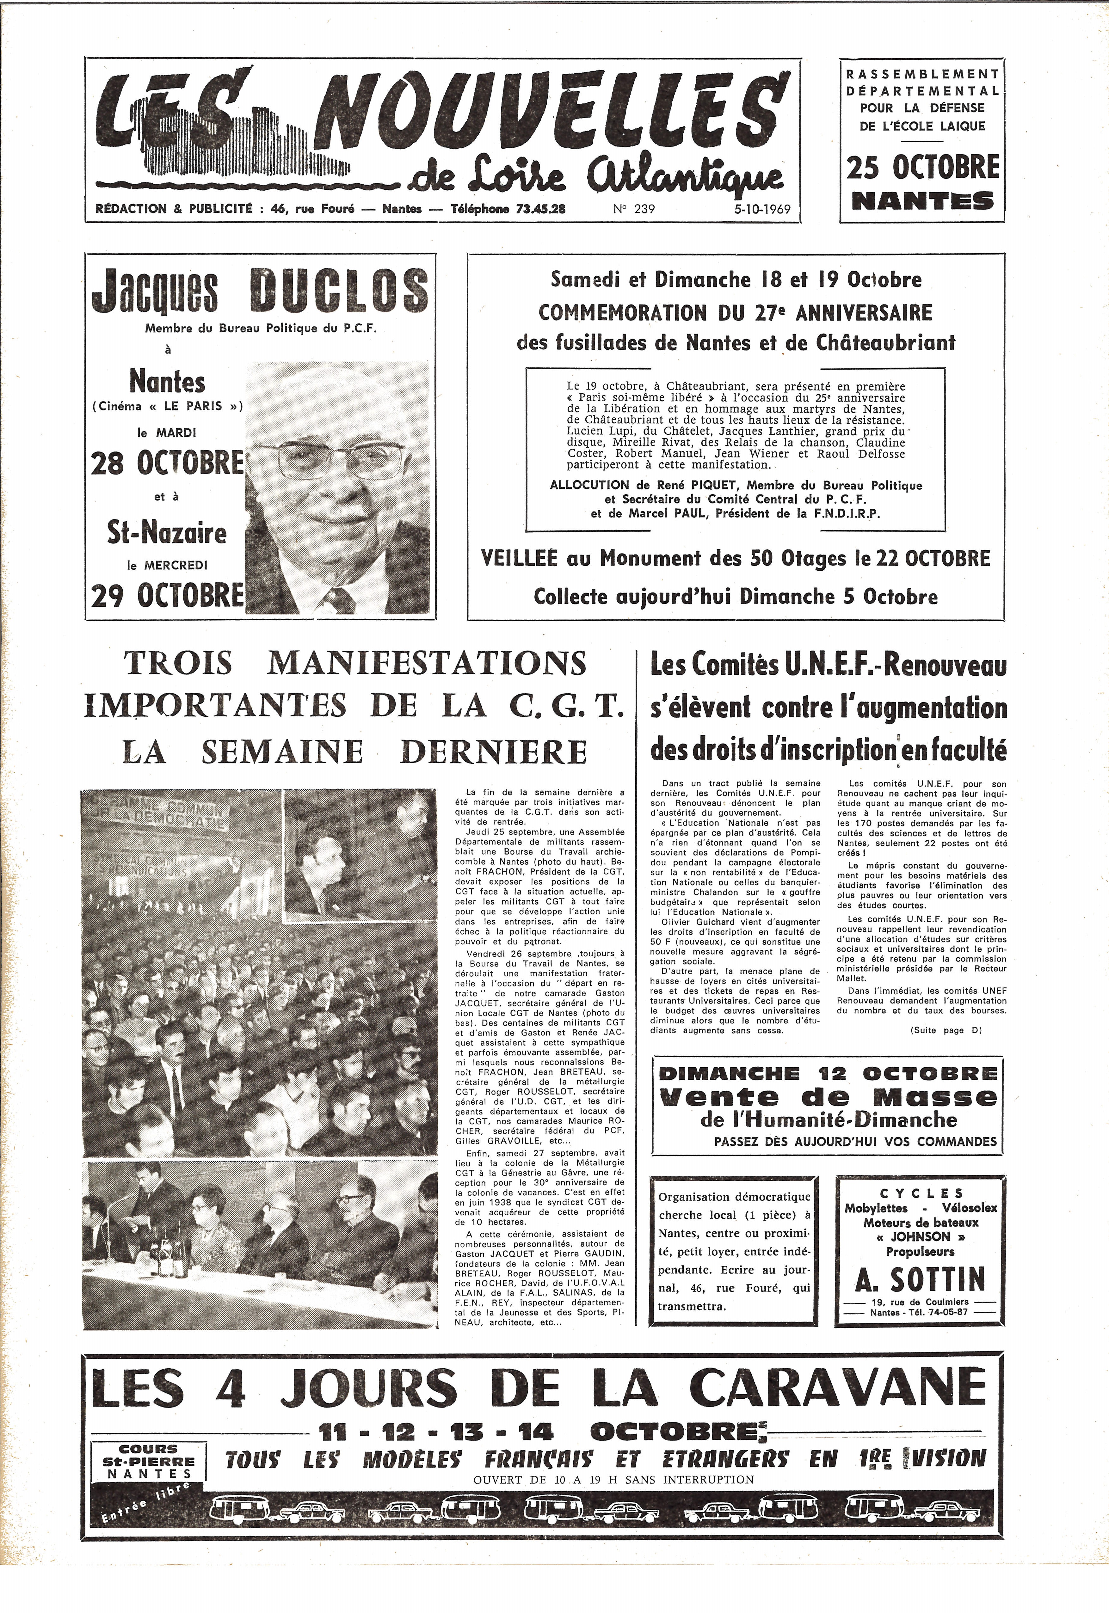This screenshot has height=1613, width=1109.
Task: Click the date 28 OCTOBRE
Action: (167, 463)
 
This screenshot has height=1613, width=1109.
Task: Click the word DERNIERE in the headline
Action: (493, 752)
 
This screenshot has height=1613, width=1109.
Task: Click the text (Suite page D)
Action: (945, 1030)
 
